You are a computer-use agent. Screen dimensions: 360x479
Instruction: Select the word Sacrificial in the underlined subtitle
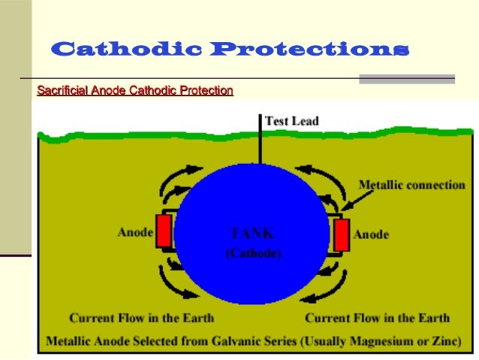click(62, 91)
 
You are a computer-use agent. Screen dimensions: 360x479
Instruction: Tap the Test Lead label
click(292, 121)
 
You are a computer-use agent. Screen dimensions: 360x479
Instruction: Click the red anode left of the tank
click(164, 231)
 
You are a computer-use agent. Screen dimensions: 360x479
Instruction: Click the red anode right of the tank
click(342, 234)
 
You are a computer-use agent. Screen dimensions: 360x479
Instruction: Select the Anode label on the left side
click(135, 232)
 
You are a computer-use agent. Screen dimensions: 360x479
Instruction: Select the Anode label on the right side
click(371, 234)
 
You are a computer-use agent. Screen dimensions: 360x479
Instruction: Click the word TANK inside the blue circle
click(253, 234)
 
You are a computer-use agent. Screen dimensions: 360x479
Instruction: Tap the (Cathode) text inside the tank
click(254, 254)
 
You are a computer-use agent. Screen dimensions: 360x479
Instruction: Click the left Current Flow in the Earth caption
click(141, 317)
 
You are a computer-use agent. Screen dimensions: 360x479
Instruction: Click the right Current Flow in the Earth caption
click(377, 317)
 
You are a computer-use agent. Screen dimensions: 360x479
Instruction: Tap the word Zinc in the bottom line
click(444, 340)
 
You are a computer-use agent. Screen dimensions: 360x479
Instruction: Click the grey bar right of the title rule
click(407, 78)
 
